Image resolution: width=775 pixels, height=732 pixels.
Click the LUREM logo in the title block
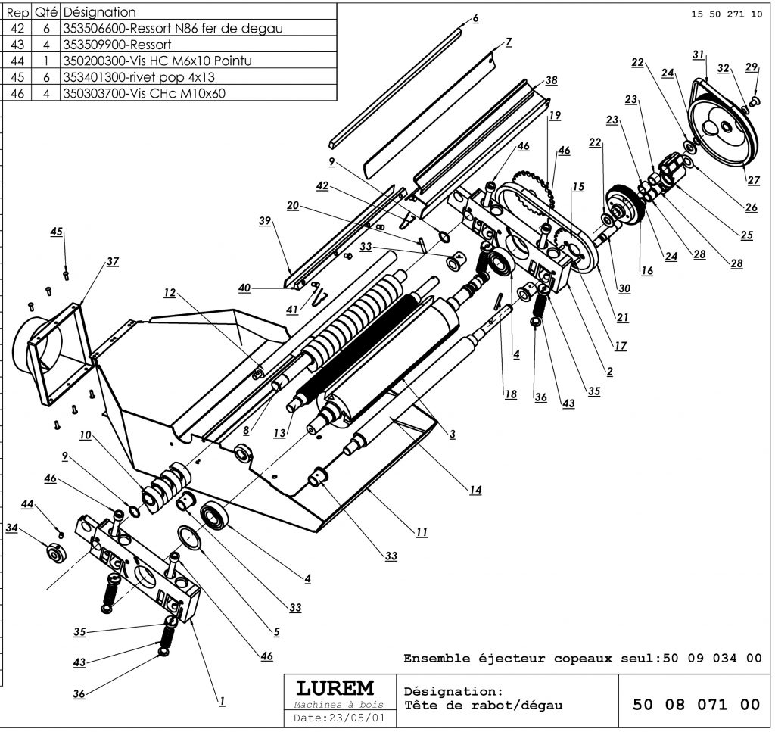pos(335,687)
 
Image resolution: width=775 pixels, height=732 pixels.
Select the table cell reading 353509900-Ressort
pos(117,45)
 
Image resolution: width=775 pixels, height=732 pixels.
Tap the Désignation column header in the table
pos(99,12)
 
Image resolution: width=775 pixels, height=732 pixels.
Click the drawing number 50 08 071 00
pos(696,704)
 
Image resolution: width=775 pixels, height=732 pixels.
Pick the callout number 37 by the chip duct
pos(113,261)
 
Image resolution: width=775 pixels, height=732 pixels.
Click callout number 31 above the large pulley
pos(698,55)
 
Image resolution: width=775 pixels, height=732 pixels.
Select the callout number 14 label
pos(475,489)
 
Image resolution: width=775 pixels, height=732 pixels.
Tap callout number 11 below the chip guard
pos(421,532)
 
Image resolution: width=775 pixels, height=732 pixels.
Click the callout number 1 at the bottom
pos(222,700)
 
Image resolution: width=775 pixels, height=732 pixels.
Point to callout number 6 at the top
pos(475,18)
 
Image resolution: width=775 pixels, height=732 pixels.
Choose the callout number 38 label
pos(551,80)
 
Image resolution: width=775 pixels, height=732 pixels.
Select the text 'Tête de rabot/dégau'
pos(484,706)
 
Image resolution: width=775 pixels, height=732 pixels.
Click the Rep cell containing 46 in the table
pos(17,93)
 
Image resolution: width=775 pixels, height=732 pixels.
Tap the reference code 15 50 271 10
pos(727,14)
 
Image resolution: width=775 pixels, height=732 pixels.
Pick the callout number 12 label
pos(170,293)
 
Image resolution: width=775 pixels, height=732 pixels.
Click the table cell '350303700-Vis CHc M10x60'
pos(145,93)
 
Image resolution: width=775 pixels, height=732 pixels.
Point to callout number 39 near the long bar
pos(265,220)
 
